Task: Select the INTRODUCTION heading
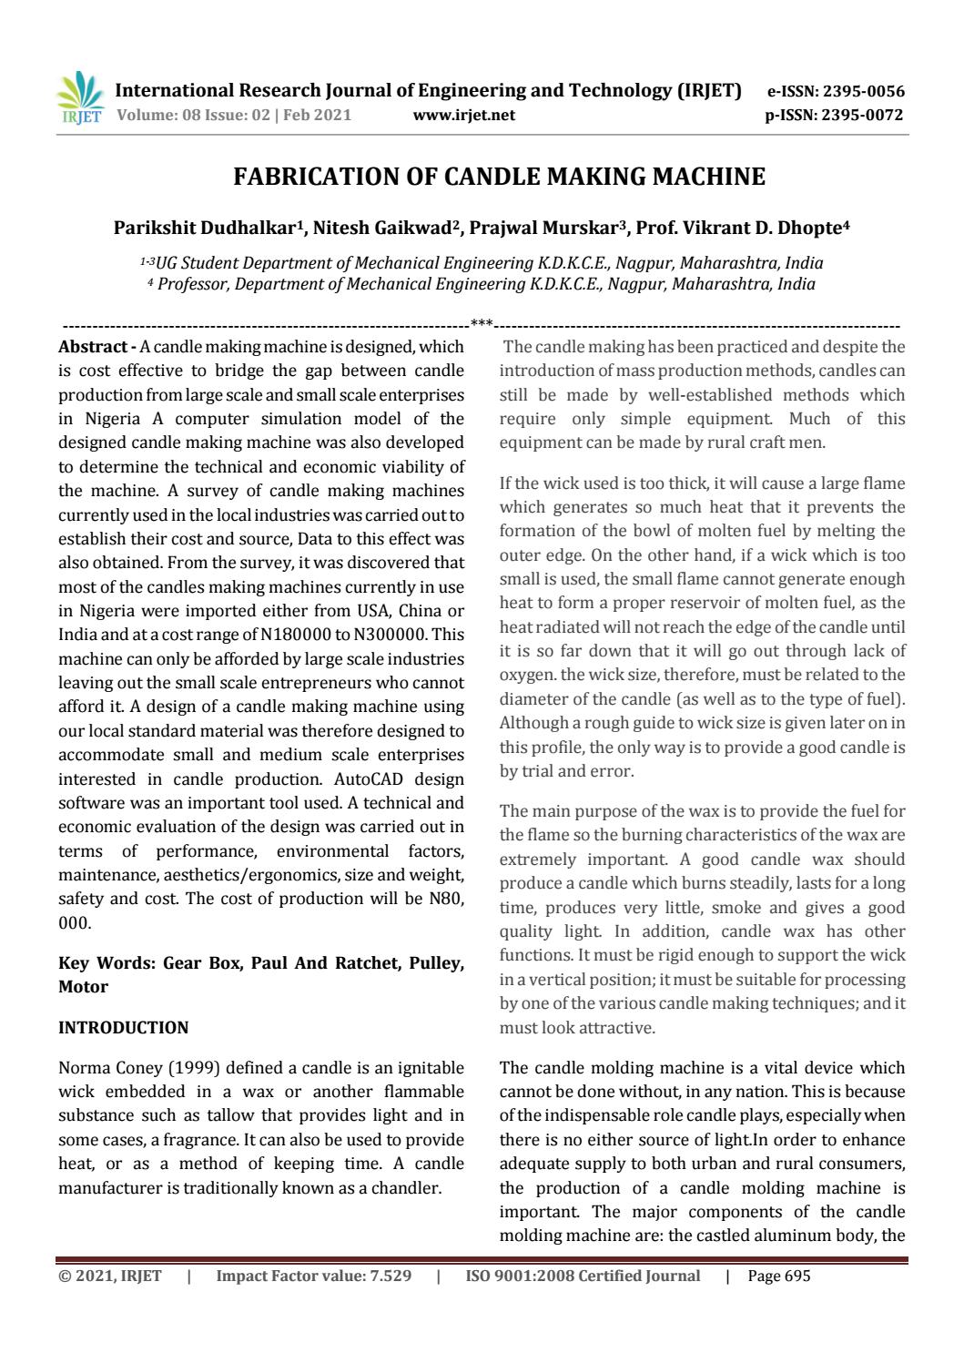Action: click(123, 1027)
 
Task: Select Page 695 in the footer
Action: click(778, 1276)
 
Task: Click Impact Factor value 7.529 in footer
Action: click(313, 1276)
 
